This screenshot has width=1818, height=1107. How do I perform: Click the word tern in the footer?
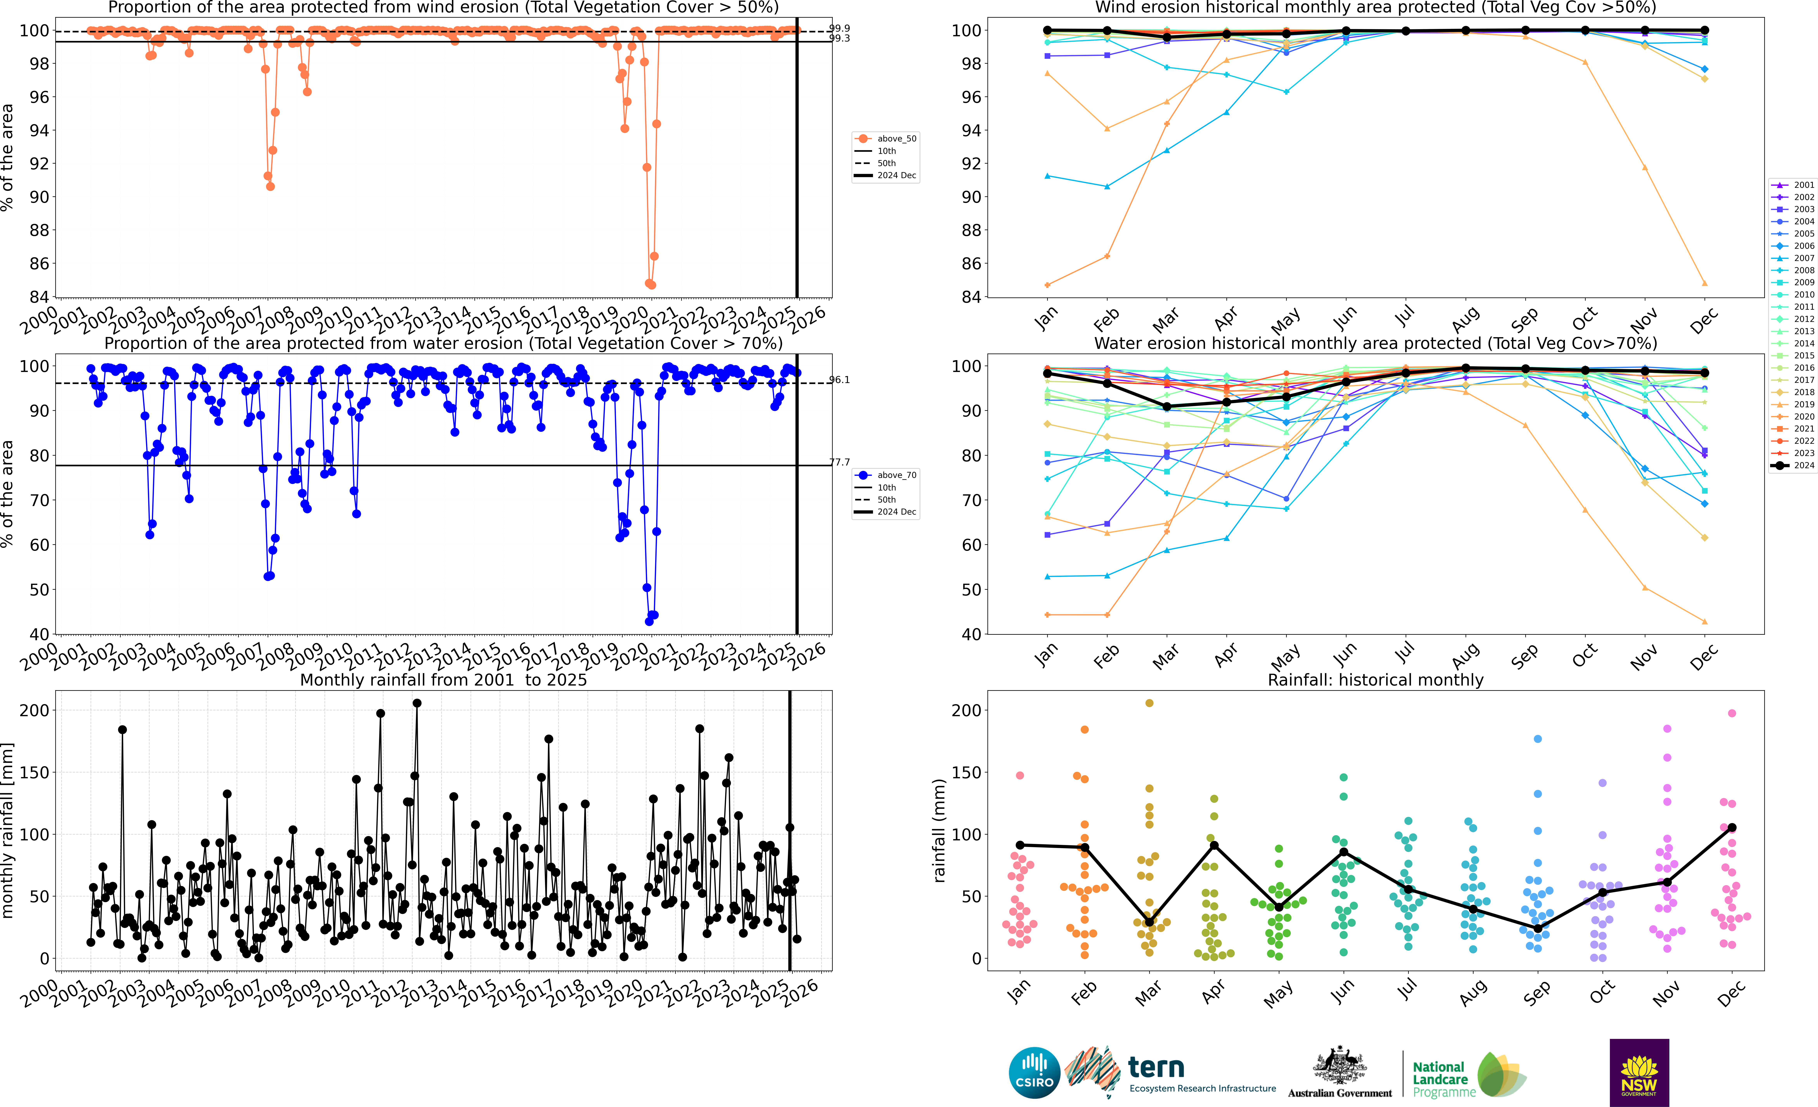point(1156,1067)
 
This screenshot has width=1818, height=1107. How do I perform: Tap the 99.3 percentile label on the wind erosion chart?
point(840,38)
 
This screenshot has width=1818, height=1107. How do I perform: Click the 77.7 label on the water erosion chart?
point(840,462)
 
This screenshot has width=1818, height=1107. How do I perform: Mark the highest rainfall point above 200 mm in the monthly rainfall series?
point(417,703)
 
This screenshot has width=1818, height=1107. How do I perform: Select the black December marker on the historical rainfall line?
point(1732,827)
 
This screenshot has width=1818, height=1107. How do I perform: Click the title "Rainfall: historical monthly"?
point(1375,680)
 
